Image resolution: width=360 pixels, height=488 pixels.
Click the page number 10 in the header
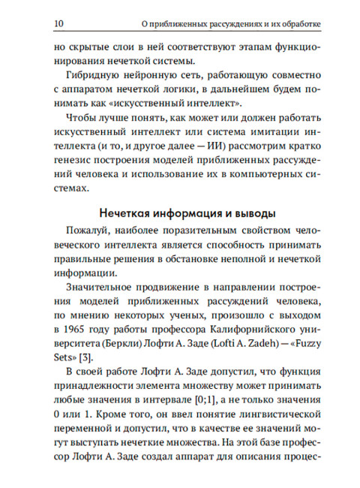click(59, 23)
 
